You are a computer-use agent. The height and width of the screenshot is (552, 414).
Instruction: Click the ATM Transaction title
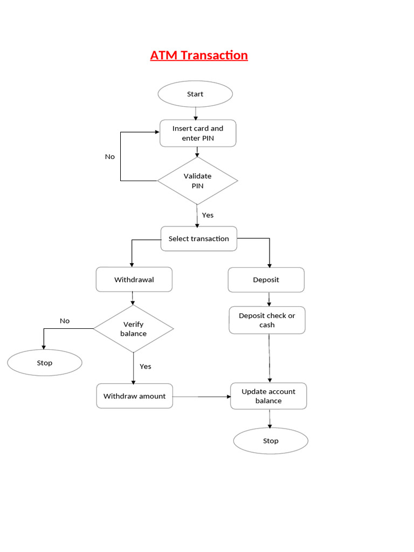pos(199,56)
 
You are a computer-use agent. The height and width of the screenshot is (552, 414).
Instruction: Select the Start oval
pos(195,94)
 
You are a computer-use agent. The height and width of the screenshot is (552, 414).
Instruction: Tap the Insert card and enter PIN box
pos(198,133)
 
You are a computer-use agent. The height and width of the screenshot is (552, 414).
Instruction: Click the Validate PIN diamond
pos(197,181)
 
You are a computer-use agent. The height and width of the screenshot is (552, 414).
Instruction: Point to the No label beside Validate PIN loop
pos(110,157)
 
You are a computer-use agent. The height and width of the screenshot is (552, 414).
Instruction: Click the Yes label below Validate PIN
pos(208,215)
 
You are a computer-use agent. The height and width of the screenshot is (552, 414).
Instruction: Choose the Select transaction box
pos(198,239)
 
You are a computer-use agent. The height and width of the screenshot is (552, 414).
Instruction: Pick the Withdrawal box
pos(134,280)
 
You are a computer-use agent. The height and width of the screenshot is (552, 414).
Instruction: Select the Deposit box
pos(266,280)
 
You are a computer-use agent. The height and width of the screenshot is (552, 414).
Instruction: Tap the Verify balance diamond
pos(134,329)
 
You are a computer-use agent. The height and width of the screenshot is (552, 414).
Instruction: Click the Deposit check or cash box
pos(267,320)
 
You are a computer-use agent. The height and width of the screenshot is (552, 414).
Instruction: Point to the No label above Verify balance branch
pos(65,321)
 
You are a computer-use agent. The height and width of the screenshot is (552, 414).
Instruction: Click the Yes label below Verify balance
pos(146,367)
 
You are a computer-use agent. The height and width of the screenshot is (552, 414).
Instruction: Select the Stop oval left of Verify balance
pos(45,363)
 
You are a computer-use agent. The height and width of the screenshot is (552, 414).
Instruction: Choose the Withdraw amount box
pos(135,396)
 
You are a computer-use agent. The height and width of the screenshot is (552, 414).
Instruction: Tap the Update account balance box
pos(268,396)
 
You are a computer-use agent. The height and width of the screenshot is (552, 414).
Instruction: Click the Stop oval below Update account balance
pos(271,441)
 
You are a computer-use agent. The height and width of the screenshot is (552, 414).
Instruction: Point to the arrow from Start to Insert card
pos(196,114)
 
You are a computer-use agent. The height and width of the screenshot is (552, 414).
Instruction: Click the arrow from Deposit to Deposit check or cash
pos(269,299)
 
